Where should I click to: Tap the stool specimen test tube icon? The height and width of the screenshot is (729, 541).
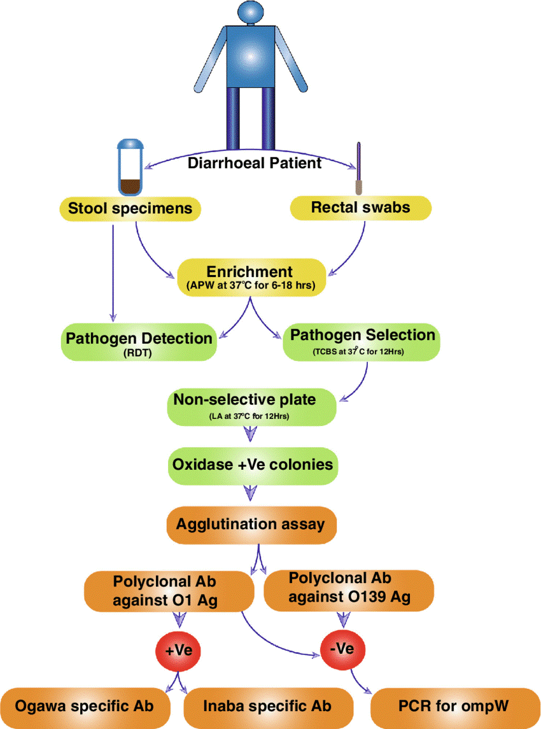[x=131, y=167]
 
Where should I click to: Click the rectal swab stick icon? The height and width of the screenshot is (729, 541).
[x=359, y=169]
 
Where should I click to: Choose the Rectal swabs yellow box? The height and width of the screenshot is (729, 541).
[x=360, y=208]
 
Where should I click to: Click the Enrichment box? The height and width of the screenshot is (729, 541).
[x=251, y=277]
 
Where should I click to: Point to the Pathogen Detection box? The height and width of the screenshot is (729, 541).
[x=139, y=342]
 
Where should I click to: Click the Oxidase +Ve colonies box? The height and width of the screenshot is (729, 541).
[x=252, y=465]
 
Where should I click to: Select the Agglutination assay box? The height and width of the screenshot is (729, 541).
[x=251, y=525]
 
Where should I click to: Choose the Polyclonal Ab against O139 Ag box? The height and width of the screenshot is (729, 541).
[x=348, y=588]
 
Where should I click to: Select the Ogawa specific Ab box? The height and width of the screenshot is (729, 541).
[x=85, y=706]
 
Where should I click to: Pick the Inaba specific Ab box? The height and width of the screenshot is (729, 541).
[x=268, y=706]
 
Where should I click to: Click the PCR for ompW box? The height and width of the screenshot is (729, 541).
[x=451, y=706]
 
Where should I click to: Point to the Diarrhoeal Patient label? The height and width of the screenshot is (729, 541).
[x=255, y=162]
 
